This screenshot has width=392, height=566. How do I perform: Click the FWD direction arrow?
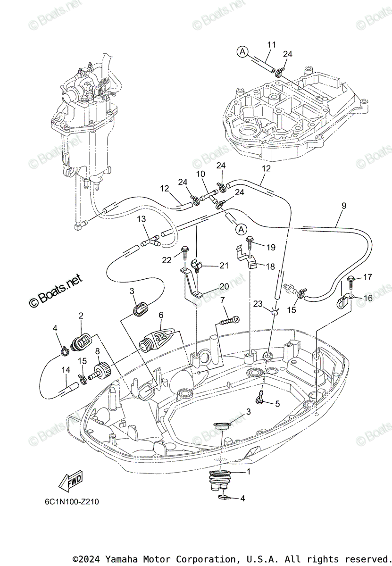click(70, 482)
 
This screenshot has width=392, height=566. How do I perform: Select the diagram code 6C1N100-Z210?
click(69, 501)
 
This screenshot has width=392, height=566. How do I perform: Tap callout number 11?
click(271, 45)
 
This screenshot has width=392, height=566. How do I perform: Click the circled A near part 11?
click(242, 52)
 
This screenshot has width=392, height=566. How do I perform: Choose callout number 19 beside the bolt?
click(270, 247)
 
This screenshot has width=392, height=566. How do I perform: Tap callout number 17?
click(367, 277)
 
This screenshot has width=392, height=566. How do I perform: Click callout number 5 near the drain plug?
click(277, 403)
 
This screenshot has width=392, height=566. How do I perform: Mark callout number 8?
click(98, 351)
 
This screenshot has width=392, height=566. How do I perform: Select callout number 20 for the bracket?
click(223, 286)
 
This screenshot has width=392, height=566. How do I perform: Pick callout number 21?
click(223, 266)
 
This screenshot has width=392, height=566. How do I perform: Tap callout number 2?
click(81, 316)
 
